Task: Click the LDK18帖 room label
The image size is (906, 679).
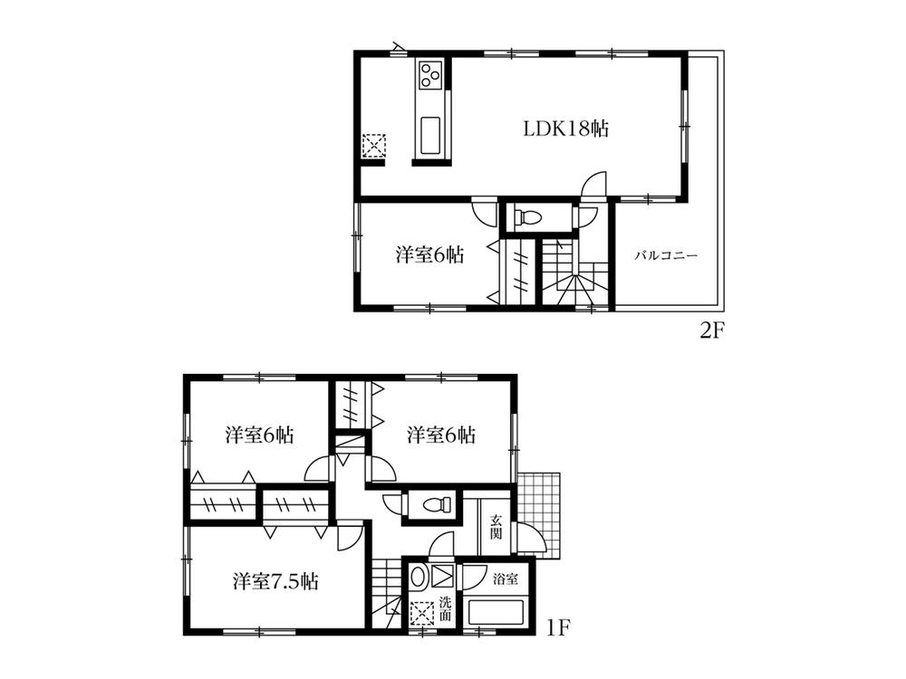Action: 564,129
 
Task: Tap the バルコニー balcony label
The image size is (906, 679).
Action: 665,256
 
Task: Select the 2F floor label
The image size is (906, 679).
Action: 712,330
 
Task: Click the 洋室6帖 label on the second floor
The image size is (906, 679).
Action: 430,255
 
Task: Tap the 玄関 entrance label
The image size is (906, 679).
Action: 496,526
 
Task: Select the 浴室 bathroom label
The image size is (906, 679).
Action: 505,576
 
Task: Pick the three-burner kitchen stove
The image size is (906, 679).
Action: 429,75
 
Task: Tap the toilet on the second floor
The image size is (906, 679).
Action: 527,217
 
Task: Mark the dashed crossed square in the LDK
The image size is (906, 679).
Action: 374,146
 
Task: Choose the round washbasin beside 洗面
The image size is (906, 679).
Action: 418,576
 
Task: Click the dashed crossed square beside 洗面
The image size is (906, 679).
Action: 421,613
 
